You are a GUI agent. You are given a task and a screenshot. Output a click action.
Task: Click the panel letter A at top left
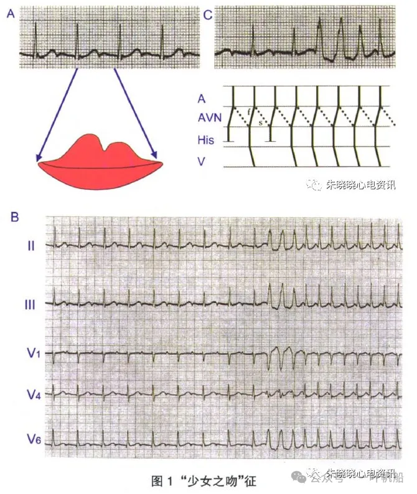[x=10, y=14]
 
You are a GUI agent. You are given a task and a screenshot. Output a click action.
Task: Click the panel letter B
[x=14, y=217]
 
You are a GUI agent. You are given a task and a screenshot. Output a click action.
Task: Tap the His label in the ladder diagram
[x=205, y=140]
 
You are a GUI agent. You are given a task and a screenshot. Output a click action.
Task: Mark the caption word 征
[x=249, y=481]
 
